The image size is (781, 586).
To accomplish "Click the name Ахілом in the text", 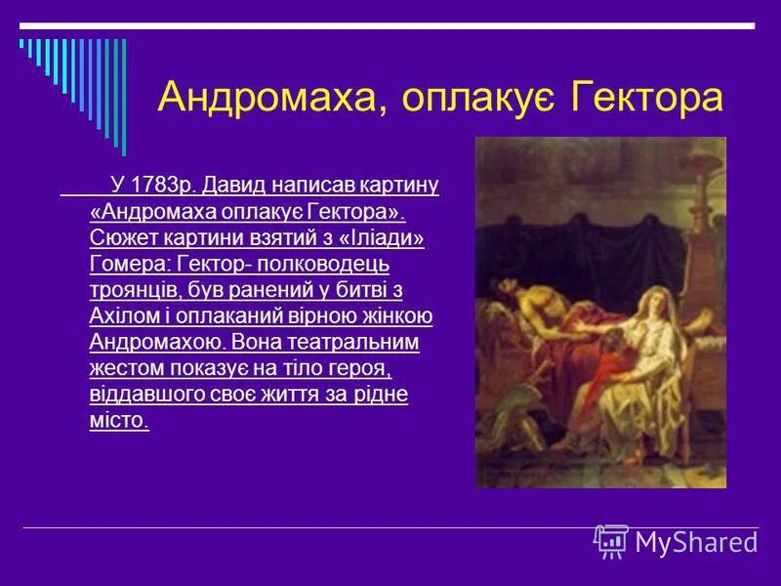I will [x=120, y=315].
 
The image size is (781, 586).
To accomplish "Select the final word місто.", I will [x=119, y=421].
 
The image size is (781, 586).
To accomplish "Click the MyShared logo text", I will [x=695, y=541].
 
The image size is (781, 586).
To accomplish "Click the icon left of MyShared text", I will [x=611, y=540].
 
